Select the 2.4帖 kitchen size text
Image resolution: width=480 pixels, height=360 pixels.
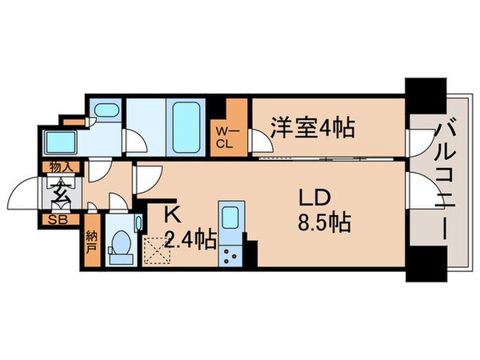(190, 239)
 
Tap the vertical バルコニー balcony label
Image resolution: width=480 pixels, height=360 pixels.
(445, 181)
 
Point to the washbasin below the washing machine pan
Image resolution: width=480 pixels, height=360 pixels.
(61, 142)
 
